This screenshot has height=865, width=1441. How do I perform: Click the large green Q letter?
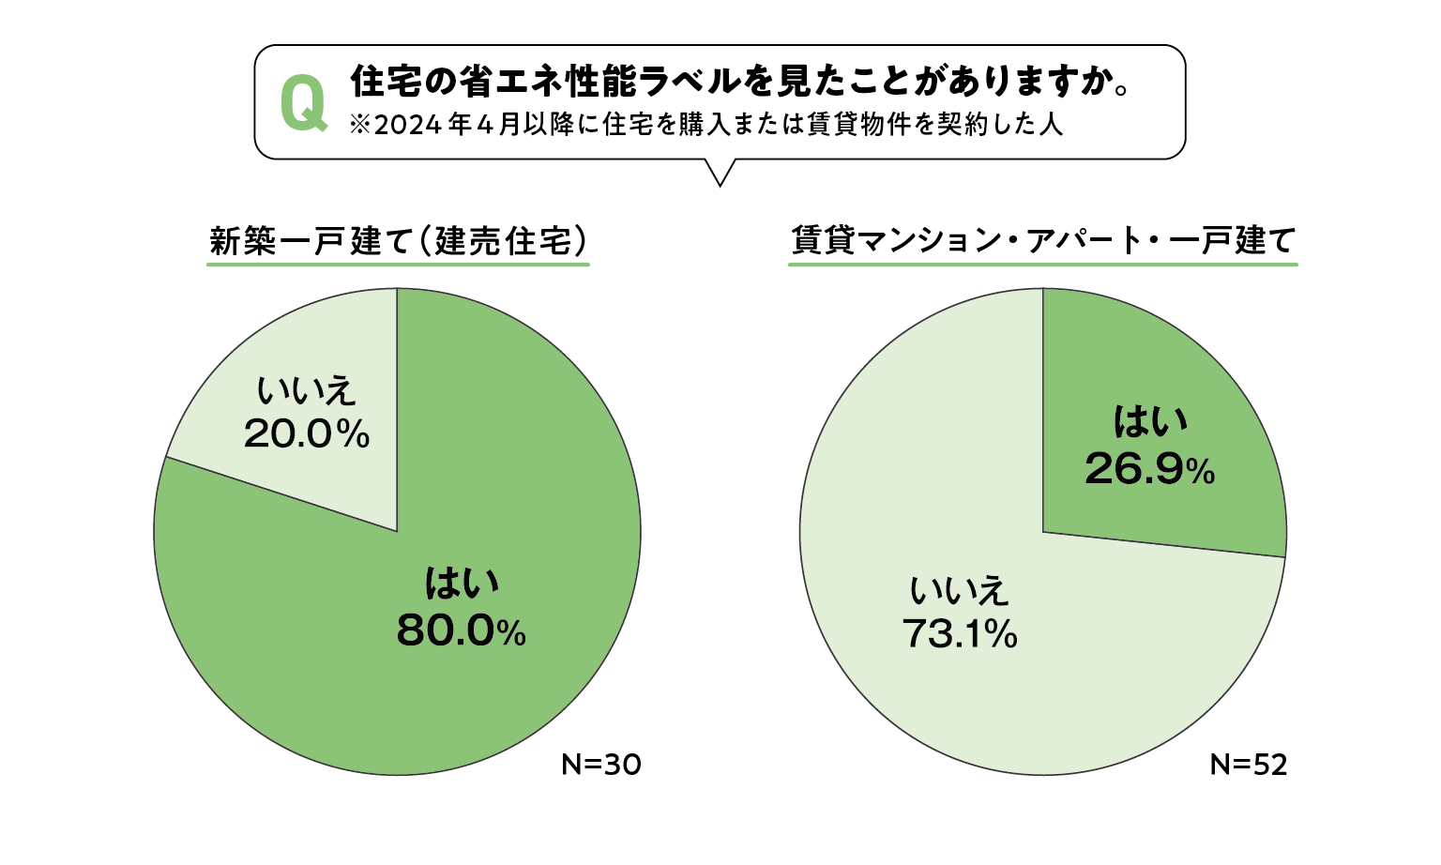click(x=304, y=103)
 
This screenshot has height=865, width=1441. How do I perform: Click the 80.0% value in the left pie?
click(x=461, y=630)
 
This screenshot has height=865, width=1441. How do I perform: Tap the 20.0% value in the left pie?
click(x=307, y=433)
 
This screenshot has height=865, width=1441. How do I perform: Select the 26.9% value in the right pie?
click(x=1149, y=467)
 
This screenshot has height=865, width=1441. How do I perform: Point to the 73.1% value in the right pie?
click(x=959, y=634)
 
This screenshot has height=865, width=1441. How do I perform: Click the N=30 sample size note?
click(x=601, y=765)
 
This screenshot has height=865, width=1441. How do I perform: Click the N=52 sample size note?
click(x=1249, y=765)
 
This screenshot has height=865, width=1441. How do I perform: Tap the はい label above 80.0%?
click(x=462, y=583)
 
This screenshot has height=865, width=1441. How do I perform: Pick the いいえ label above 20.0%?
click(x=307, y=390)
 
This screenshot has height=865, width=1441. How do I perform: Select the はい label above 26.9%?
click(x=1150, y=421)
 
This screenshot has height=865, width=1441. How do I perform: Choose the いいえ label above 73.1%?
click(x=959, y=591)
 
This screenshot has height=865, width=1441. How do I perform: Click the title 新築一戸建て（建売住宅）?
click(x=398, y=241)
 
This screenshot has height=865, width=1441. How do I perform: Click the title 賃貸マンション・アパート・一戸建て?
click(x=1042, y=240)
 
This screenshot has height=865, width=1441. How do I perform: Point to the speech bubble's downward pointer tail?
click(x=720, y=173)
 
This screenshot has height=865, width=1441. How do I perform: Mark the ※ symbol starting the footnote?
click(x=360, y=126)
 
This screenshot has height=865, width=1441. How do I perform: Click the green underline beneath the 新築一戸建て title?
click(x=398, y=265)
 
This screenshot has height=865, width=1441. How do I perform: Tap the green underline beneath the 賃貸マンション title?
click(x=1042, y=265)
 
